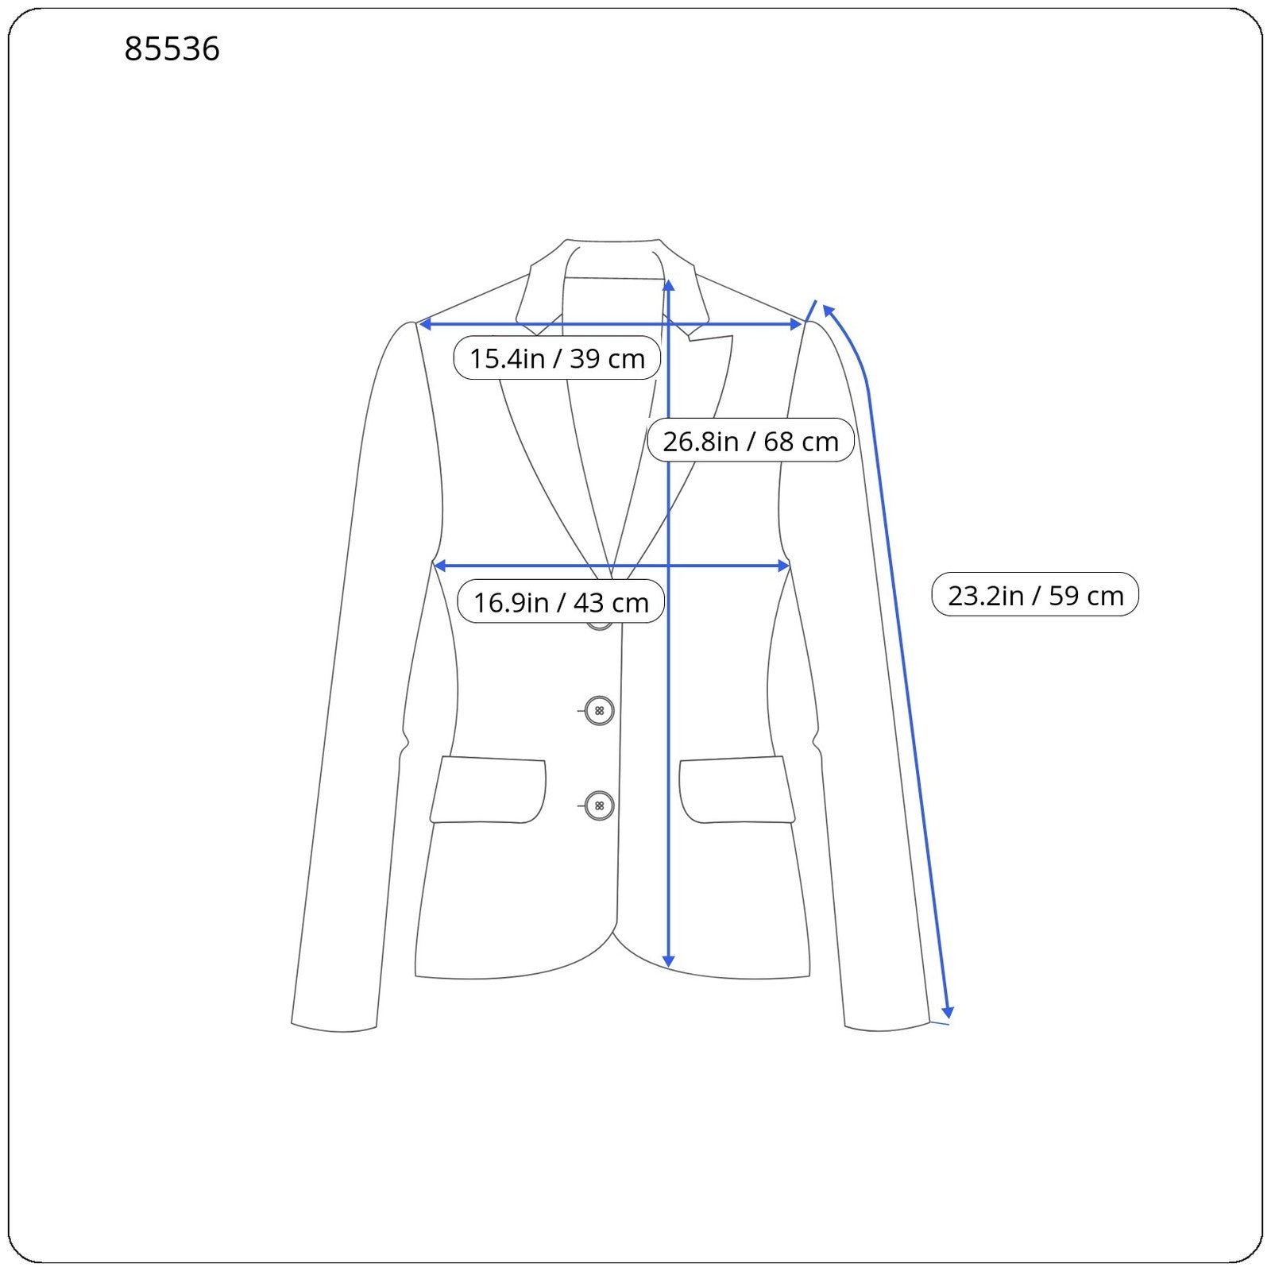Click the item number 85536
(172, 49)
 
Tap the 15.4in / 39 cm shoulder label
(557, 358)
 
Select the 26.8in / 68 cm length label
(751, 441)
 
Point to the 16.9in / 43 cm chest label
(561, 602)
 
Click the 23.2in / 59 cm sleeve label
(1035, 595)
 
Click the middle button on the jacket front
(599, 710)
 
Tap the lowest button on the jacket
(599, 805)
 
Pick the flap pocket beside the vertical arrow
(736, 790)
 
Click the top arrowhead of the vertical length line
(669, 285)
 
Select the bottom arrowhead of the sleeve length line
(947, 1012)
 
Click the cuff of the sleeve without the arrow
(334, 1026)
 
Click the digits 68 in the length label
(778, 441)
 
